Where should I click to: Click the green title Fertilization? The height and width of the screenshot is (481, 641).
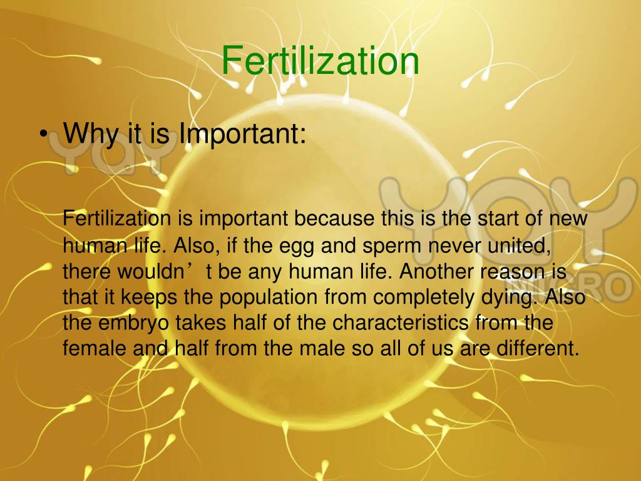point(320,61)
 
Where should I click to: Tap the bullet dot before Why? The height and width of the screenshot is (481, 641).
point(42,133)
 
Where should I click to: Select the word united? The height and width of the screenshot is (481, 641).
point(521,245)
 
